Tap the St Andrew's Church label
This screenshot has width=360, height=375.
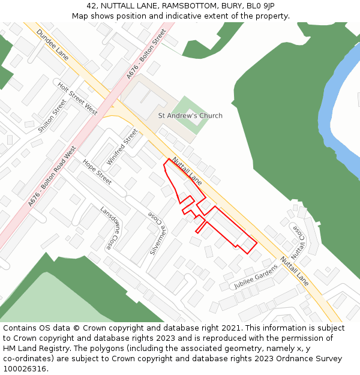pyautogui.click(x=190, y=116)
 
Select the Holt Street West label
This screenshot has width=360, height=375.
pyautogui.click(x=77, y=99)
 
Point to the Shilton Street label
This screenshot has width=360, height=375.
pyautogui.click(x=52, y=116)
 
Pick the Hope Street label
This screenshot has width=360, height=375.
pyautogui.click(x=97, y=172)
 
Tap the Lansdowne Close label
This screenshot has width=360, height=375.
pyautogui.click(x=109, y=229)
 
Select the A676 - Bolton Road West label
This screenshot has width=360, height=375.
pyautogui.click(x=53, y=176)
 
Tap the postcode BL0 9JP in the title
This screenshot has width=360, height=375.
pyautogui.click(x=262, y=6)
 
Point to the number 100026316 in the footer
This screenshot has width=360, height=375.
pyautogui.click(x=25, y=368)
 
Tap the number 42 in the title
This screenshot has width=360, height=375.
pyautogui.click(x=91, y=6)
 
